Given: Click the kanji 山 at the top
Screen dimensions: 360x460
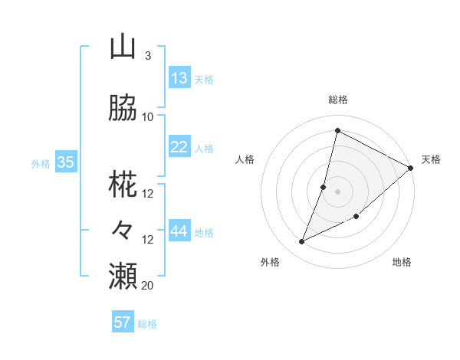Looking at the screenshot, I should (123, 47).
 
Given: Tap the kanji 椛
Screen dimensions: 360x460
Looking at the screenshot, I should (123, 185).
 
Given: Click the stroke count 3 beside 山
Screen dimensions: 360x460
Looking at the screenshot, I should (147, 56).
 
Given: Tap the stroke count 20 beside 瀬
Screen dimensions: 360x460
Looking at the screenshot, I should (148, 285).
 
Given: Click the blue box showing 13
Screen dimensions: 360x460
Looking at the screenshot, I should (179, 78).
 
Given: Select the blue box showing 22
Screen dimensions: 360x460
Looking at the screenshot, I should (179, 147).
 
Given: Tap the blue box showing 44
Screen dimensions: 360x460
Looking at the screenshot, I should (179, 231).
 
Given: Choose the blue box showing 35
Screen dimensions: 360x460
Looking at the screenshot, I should (66, 162).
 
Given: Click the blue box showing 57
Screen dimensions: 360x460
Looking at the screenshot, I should (123, 322).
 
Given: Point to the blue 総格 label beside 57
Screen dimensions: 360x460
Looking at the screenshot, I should (148, 324).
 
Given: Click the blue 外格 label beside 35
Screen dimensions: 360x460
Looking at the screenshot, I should (41, 163).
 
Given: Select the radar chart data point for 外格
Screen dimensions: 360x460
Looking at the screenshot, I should (301, 242).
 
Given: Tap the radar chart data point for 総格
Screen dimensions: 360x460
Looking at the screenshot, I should (337, 130).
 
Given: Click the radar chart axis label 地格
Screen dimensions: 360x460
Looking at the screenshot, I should (402, 263).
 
